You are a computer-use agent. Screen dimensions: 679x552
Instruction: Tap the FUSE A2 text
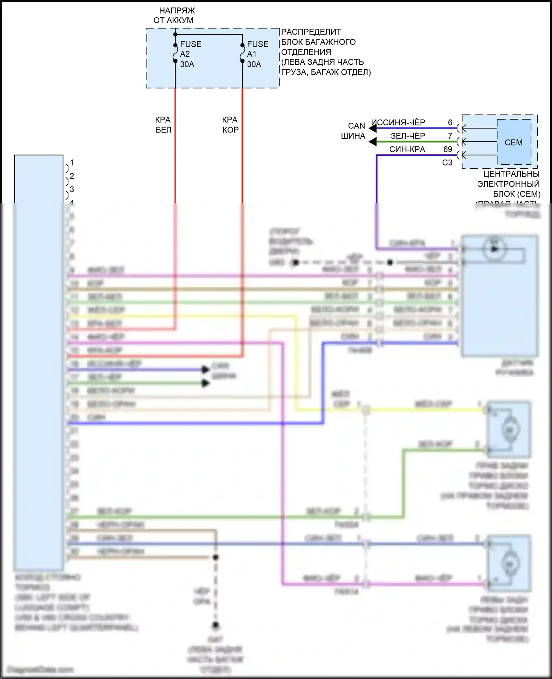190,49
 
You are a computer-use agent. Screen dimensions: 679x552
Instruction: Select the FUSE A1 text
257,49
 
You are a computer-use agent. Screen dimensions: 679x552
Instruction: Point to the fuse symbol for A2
176,53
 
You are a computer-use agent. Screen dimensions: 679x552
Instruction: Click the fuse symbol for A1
242,53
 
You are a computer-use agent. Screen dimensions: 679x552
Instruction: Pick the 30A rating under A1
254,64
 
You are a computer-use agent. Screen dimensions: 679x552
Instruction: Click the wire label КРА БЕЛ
163,125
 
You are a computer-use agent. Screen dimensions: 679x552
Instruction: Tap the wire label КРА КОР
230,125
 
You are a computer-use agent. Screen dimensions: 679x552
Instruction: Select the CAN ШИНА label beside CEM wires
354,131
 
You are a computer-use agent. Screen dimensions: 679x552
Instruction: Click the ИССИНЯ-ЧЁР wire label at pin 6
398,122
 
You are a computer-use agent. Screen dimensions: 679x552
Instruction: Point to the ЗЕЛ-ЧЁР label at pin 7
408,136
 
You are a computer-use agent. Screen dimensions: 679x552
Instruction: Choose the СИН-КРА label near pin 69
407,149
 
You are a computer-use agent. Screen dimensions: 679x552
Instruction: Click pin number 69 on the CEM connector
447,149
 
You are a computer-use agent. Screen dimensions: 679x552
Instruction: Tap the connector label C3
447,163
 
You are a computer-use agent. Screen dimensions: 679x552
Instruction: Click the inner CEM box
514,142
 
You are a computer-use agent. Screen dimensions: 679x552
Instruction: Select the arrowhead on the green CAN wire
373,142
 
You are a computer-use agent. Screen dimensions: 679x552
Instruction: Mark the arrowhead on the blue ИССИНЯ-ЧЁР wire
373,128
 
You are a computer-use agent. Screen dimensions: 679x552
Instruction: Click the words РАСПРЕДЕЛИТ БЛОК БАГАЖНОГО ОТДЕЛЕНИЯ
318,42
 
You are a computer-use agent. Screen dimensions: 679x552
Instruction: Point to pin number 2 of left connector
72,176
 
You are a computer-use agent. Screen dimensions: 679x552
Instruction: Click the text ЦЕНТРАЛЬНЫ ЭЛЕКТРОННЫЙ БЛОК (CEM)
509,184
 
